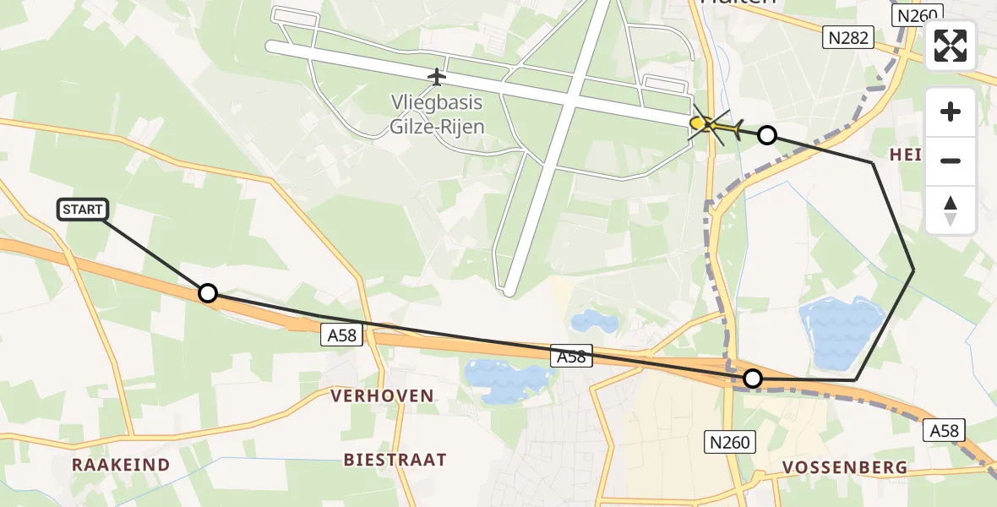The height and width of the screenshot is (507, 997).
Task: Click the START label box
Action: pyautogui.click(x=83, y=210)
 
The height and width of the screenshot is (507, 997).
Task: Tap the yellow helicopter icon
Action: pyautogui.click(x=715, y=128)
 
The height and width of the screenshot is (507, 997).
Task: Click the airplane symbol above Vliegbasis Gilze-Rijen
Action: pyautogui.click(x=436, y=78)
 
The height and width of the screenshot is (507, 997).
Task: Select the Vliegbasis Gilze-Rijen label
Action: pyautogui.click(x=437, y=114)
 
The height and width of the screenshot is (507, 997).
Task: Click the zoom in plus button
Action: pyautogui.click(x=951, y=112)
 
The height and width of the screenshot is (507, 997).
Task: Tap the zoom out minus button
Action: pyautogui.click(x=951, y=161)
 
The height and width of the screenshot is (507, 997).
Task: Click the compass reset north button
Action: pyautogui.click(x=951, y=210)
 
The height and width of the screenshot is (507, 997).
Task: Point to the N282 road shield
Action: pyautogui.click(x=848, y=38)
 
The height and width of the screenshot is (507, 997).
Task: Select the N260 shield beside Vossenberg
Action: pyautogui.click(x=730, y=440)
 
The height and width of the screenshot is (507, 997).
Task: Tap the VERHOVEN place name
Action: pyautogui.click(x=382, y=395)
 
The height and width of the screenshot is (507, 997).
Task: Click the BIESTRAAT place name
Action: pyautogui.click(x=395, y=460)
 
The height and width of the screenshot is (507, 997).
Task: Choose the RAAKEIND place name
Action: pyautogui.click(x=121, y=465)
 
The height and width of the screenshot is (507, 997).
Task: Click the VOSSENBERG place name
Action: pyautogui.click(x=844, y=467)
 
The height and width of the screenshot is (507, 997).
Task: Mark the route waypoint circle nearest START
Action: pyautogui.click(x=207, y=293)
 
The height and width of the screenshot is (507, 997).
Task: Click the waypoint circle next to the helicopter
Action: pyautogui.click(x=766, y=134)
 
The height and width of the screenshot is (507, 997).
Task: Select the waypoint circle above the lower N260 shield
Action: pyautogui.click(x=752, y=379)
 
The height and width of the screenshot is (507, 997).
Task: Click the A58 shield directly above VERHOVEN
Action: pyautogui.click(x=342, y=335)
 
